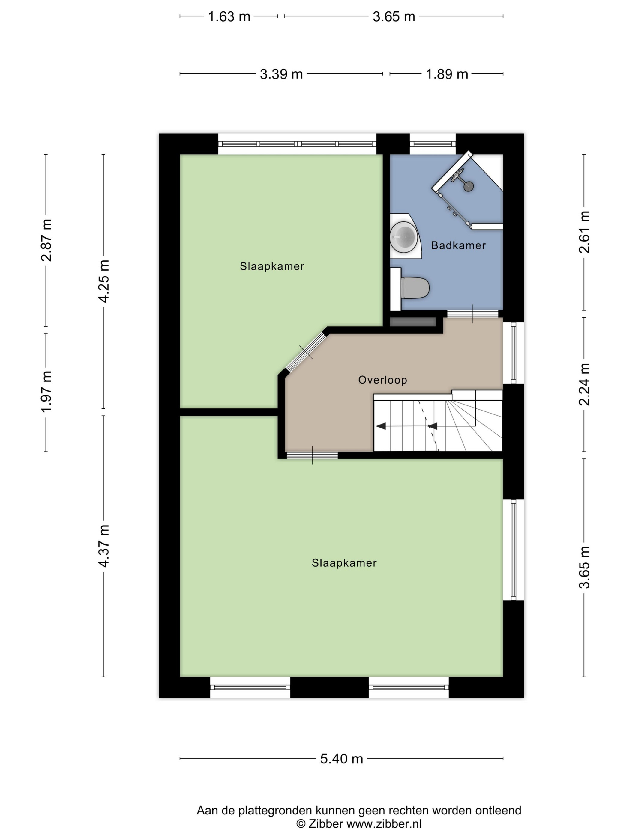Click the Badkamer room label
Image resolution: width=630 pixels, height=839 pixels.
click(458, 245)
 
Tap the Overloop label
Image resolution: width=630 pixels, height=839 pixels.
click(382, 380)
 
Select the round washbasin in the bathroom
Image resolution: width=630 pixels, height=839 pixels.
click(404, 237)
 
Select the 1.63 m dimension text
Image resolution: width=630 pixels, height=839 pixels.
click(229, 17)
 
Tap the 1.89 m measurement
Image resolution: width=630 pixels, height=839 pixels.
click(447, 74)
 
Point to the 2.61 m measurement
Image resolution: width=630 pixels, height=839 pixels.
click(584, 232)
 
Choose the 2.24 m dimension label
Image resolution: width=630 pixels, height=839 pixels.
click(584, 384)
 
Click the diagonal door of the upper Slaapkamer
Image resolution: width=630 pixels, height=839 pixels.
click(306, 352)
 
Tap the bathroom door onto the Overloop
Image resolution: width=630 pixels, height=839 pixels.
click(473, 314)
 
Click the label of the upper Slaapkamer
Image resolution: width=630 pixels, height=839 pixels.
click(272, 266)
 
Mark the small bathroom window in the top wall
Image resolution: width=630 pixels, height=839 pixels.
click(433, 144)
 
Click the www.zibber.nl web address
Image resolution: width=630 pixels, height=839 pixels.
click(384, 824)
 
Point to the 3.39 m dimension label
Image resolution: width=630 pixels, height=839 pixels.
click(281, 74)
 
